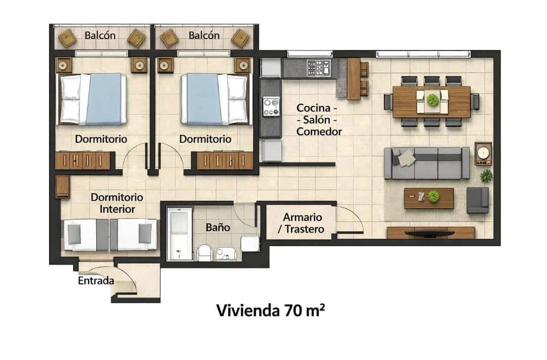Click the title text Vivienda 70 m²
[x=270, y=310]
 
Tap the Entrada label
[x=96, y=281]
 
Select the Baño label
[x=218, y=227]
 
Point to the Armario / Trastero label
[x=296, y=223]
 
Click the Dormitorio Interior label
[x=116, y=203]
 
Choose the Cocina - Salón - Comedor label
[x=319, y=119]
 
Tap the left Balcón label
[x=100, y=35]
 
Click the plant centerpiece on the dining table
[x=432, y=99]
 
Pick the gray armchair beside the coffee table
[x=477, y=199]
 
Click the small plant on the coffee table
[x=433, y=196]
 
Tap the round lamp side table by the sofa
[x=483, y=152]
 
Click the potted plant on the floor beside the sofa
[x=486, y=176]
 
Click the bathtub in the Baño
[x=179, y=233]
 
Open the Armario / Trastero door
[x=350, y=222]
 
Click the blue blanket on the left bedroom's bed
[x=105, y=99]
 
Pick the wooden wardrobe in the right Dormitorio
[x=224, y=161]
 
